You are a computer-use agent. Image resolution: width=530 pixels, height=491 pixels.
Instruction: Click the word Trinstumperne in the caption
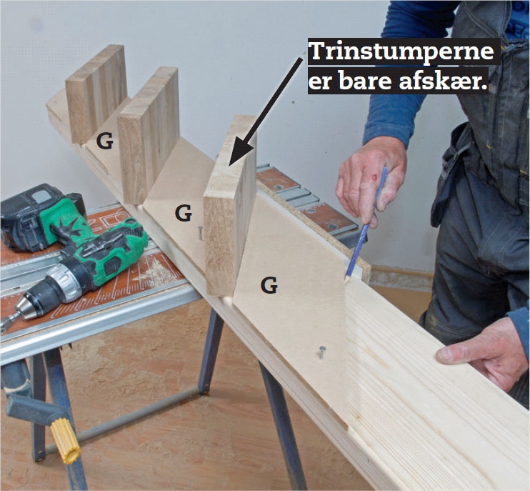click(401, 52)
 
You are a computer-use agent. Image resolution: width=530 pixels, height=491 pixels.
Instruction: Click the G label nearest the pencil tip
click(269, 285)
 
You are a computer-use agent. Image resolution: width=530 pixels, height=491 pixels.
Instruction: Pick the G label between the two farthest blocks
click(105, 142)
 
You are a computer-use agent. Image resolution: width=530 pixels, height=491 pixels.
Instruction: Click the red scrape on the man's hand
click(374, 174)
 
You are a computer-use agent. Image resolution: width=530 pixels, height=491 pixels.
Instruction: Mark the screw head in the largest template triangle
click(321, 351)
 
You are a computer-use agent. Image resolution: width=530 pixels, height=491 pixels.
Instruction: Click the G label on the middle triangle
click(184, 212)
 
